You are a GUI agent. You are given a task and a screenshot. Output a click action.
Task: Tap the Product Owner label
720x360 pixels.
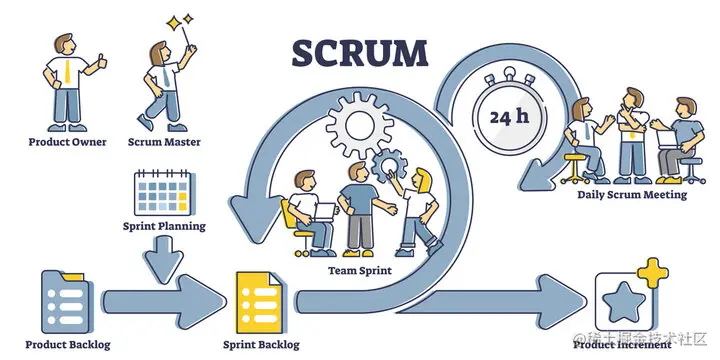[x=68, y=142]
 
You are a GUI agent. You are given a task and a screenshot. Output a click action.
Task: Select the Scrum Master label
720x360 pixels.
[x=164, y=142]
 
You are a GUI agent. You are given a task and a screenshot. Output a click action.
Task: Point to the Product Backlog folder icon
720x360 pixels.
[x=69, y=299]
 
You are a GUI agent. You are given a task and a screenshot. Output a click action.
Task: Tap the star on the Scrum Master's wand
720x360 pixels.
[x=180, y=20]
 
